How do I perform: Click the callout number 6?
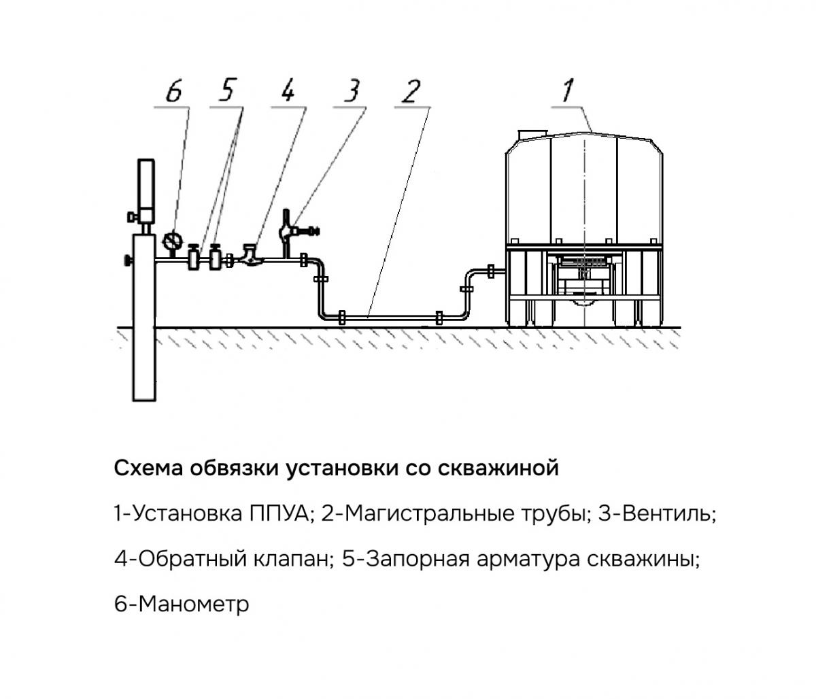click(x=174, y=91)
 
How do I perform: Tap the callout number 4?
click(x=288, y=91)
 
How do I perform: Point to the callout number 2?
click(x=409, y=91)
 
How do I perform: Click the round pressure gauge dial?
click(x=172, y=240)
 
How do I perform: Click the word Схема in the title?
click(x=149, y=468)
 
